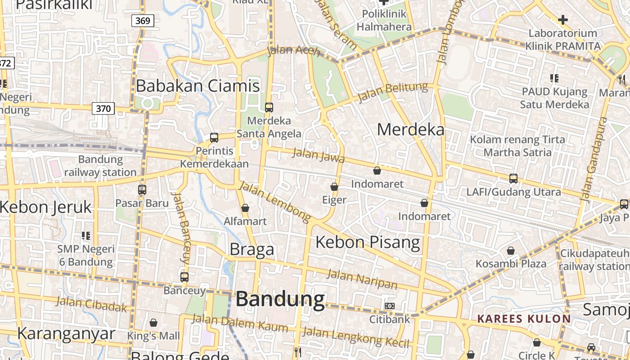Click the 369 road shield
click(x=143, y=20)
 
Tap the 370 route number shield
click(x=103, y=108)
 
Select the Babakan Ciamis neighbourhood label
click(x=198, y=85)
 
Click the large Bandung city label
click(x=280, y=299)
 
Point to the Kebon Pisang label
click(x=368, y=242)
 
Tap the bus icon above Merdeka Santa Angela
click(x=269, y=108)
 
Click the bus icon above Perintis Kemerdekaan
click(x=214, y=138)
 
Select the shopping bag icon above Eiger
click(x=334, y=187)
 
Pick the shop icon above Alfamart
click(x=245, y=208)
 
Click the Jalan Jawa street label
click(x=319, y=155)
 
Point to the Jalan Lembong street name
click(x=275, y=202)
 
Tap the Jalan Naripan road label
click(x=362, y=279)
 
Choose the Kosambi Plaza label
click(x=511, y=263)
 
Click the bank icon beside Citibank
click(x=390, y=306)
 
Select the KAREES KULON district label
click(x=524, y=319)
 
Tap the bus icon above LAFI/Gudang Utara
click(x=513, y=179)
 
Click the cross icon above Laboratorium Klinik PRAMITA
click(x=563, y=20)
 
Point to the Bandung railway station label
click(x=100, y=166)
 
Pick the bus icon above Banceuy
click(x=184, y=277)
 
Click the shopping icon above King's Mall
click(x=153, y=323)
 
